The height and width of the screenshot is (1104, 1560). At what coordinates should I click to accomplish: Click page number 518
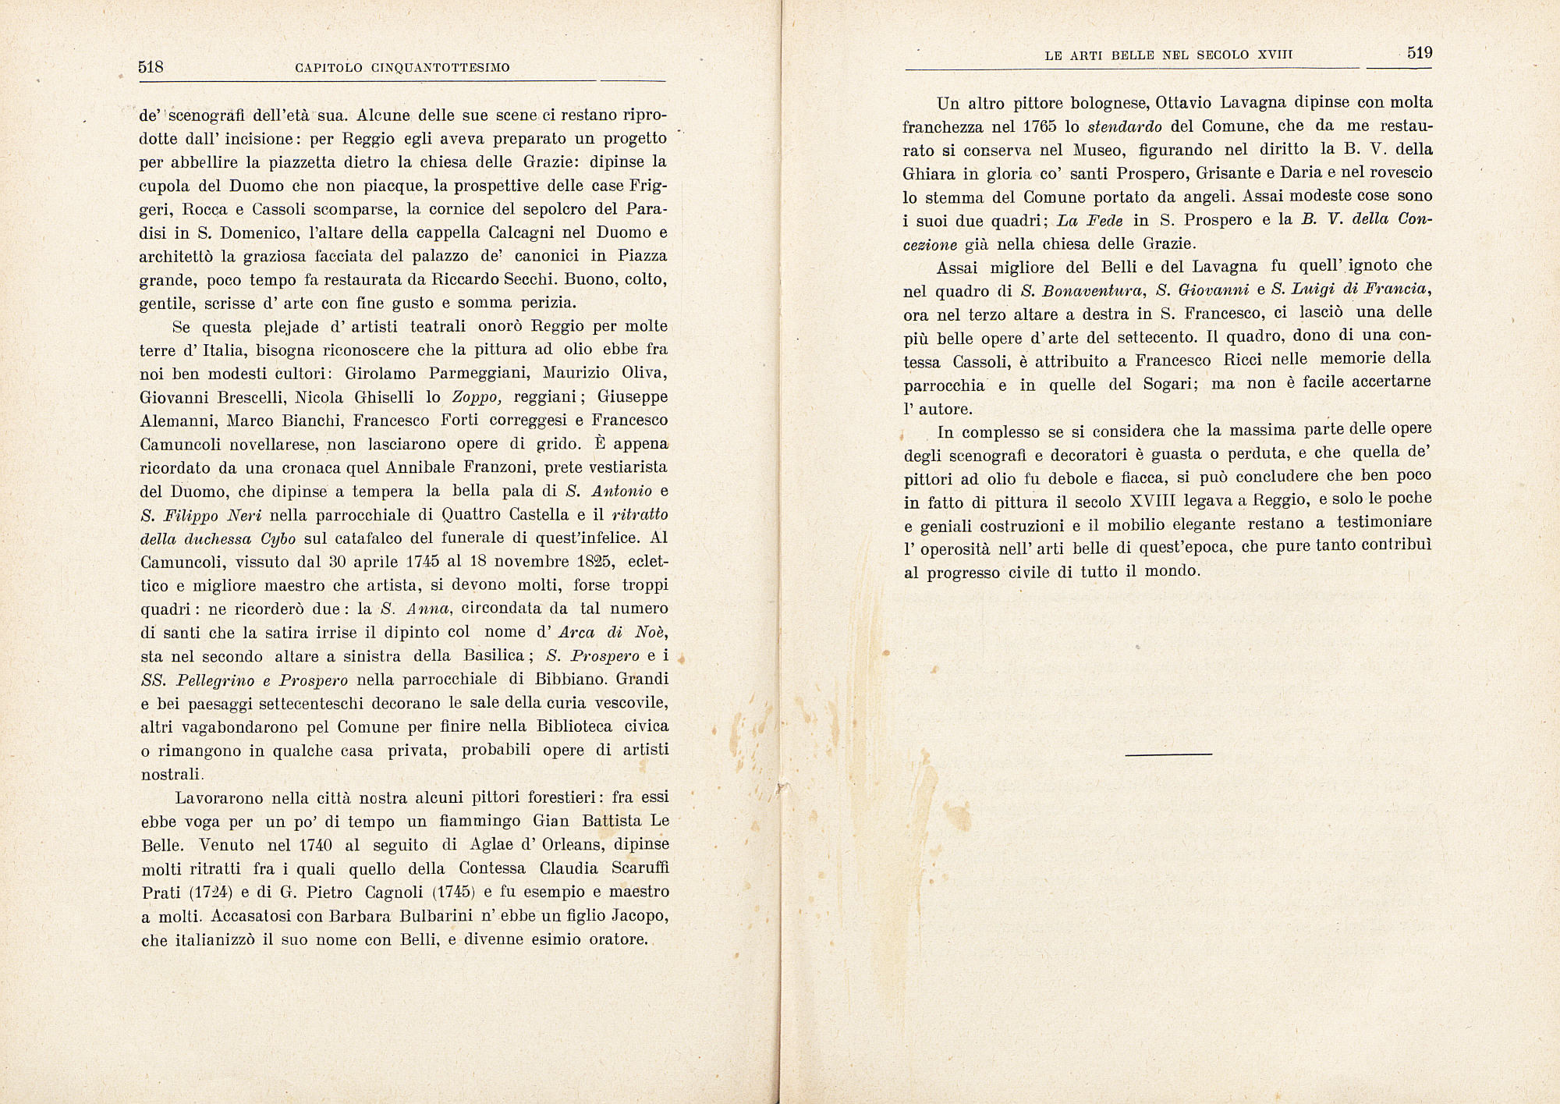(151, 67)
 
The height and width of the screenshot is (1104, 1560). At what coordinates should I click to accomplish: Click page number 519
(1420, 53)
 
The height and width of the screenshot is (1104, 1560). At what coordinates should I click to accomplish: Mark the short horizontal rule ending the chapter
(1168, 754)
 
